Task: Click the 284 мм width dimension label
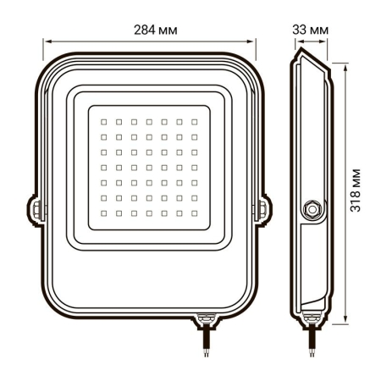tap(149, 29)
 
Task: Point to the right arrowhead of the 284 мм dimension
tap(252, 39)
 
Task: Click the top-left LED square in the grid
tap(103, 120)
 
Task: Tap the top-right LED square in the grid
tap(194, 120)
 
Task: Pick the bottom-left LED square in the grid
tap(103, 211)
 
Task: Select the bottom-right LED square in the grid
tap(194, 211)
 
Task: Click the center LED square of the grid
tap(149, 166)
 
